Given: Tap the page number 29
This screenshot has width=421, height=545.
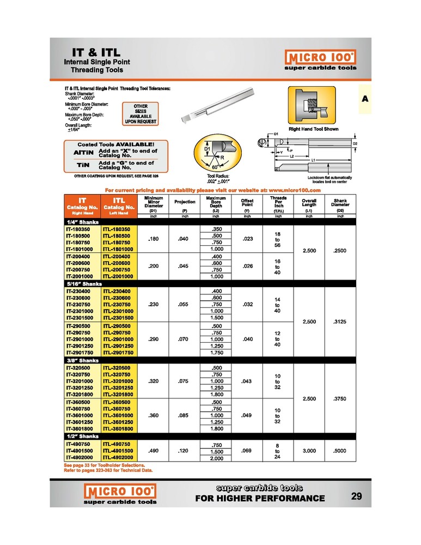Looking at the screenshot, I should coord(357,496).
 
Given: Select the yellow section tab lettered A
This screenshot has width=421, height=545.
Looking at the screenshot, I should coord(364,99).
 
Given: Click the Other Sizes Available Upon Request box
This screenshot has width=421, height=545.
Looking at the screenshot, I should coord(141,114).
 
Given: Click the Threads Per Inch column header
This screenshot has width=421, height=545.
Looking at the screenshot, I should coord(278,204).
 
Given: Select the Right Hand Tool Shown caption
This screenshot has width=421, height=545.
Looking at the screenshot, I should coord(313,129).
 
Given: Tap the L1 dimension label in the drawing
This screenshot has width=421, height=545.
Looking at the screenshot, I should coord(314,160).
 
